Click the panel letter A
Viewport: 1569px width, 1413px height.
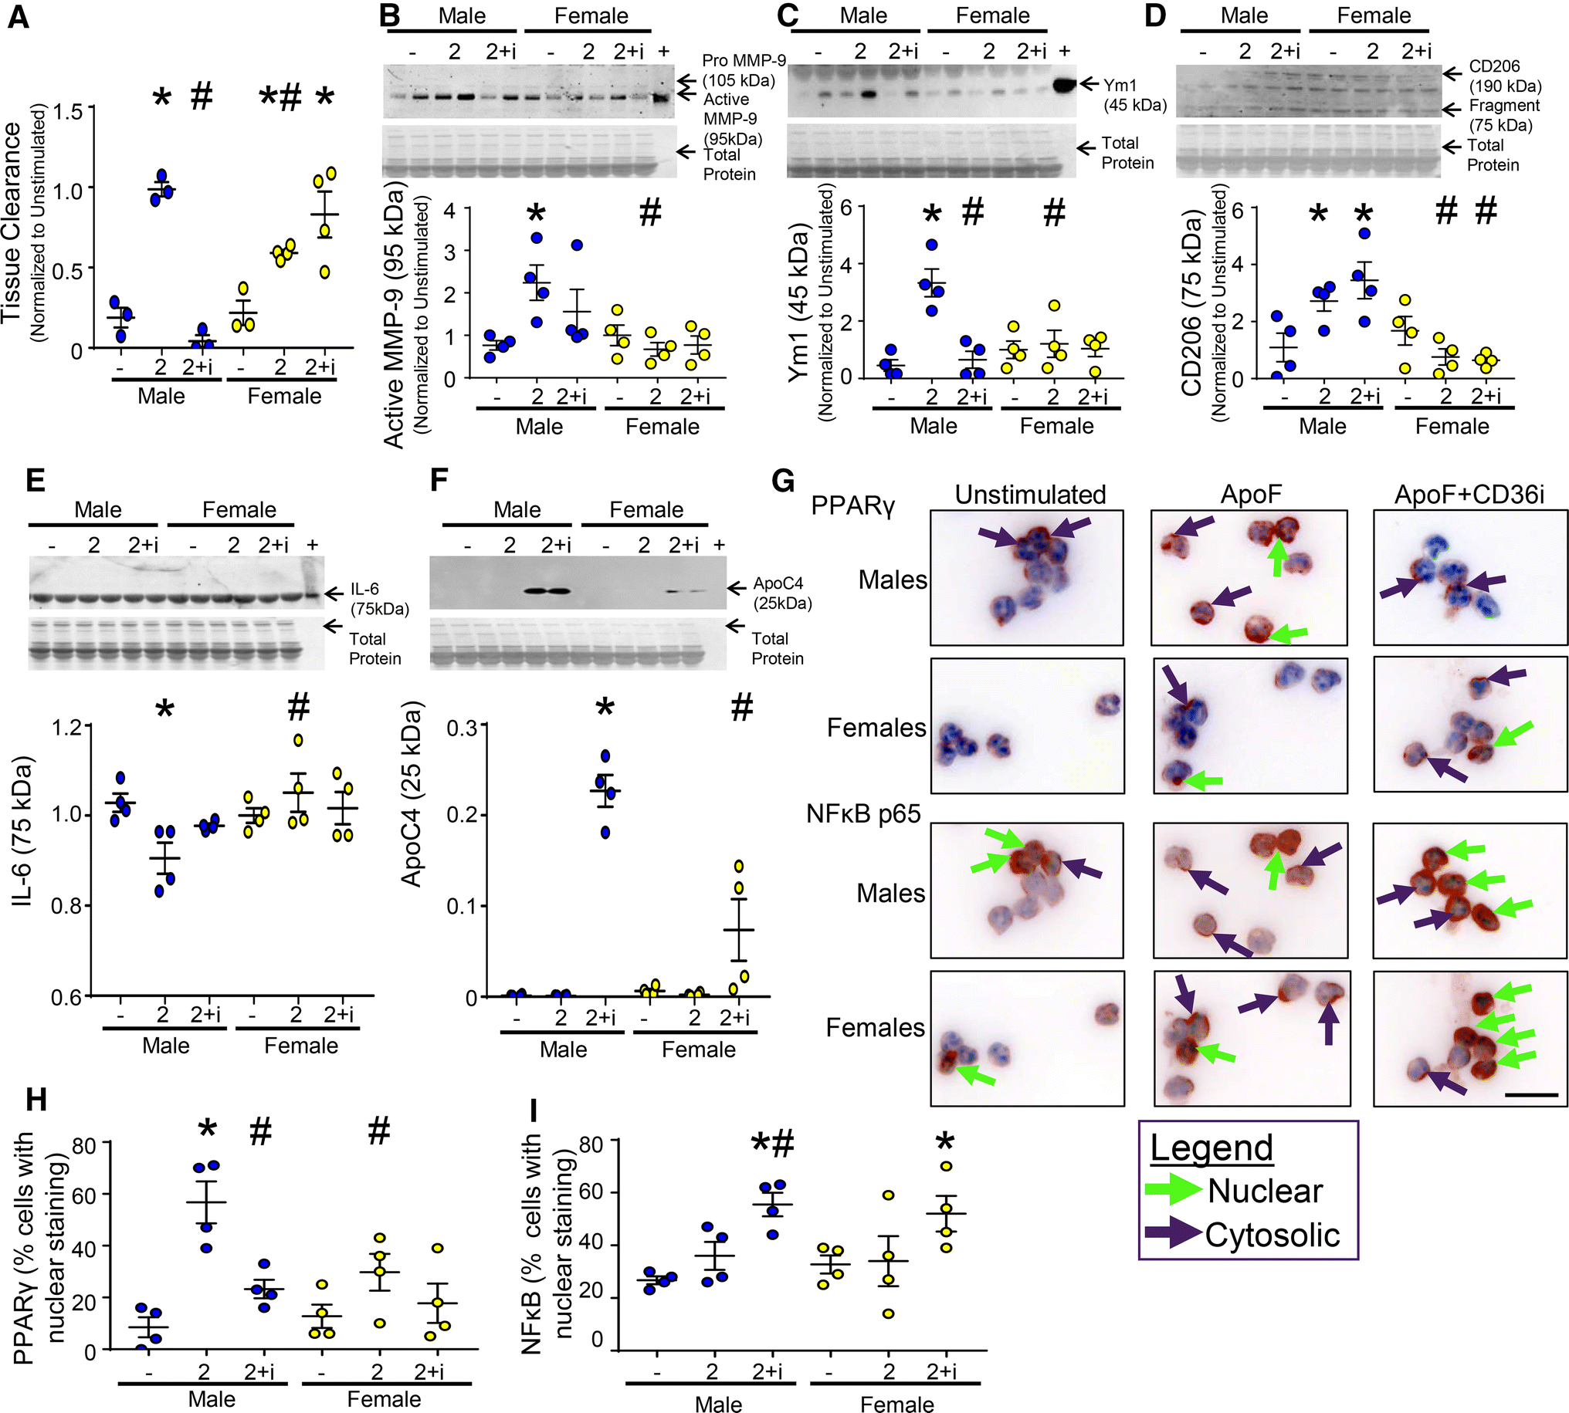click(18, 16)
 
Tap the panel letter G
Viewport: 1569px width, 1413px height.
click(783, 481)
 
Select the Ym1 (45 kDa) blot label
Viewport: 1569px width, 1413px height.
click(1134, 95)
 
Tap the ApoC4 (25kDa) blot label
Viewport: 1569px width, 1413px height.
click(781, 593)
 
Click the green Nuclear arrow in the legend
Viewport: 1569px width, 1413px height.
click(1173, 1190)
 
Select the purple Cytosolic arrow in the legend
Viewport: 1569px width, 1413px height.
click(1173, 1234)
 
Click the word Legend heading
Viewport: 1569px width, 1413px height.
click(1211, 1148)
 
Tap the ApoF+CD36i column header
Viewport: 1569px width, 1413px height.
click(1469, 495)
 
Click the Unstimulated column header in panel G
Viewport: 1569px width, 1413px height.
click(1030, 495)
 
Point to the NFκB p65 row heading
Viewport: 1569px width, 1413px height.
click(863, 813)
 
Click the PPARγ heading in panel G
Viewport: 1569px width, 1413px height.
click(853, 505)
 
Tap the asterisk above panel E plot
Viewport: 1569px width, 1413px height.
click(164, 710)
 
